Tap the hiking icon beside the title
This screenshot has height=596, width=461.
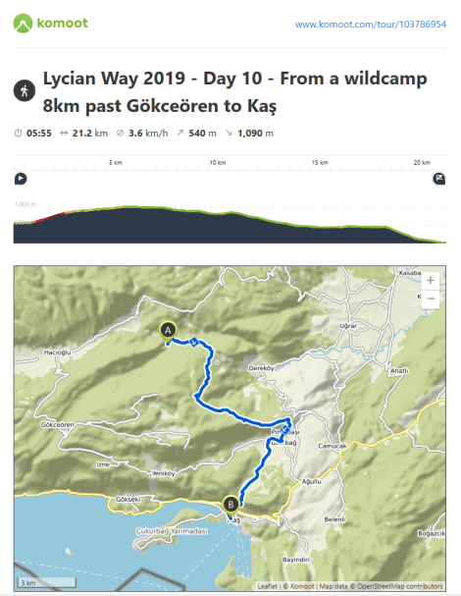23,89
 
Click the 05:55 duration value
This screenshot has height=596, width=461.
39,133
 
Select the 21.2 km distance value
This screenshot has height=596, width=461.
96,133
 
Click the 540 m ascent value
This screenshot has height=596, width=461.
203,133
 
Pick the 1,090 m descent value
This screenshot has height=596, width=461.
256,133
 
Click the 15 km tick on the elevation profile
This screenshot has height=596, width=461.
320,163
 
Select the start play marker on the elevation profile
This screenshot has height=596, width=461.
20,179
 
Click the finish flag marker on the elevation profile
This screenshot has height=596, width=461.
438,179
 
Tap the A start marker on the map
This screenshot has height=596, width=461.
169,332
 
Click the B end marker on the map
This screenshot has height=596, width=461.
230,505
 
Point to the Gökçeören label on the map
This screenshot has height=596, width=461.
59,424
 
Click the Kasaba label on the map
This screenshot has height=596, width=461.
409,271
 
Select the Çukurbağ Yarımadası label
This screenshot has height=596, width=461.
172,530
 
